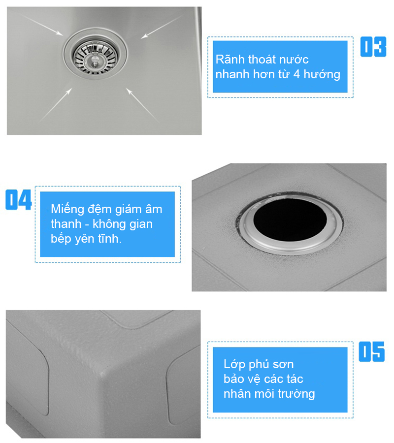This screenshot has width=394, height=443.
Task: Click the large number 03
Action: pyautogui.click(x=373, y=47)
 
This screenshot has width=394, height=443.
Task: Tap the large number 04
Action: pyautogui.click(x=18, y=200)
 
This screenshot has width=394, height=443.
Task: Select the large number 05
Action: pyautogui.click(x=372, y=352)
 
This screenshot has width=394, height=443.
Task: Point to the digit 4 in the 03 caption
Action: pyautogui.click(x=296, y=74)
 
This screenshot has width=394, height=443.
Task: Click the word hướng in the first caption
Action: pyautogui.click(x=322, y=75)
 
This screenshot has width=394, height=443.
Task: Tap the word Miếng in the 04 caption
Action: pyautogui.click(x=67, y=210)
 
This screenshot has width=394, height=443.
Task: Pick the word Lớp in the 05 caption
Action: pyautogui.click(x=234, y=364)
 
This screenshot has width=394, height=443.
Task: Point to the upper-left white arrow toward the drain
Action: pyautogui.click(x=42, y=25)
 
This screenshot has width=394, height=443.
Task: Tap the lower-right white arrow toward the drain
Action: pyautogui.click(x=143, y=105)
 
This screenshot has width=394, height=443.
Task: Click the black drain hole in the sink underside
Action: pyautogui.click(x=290, y=220)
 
